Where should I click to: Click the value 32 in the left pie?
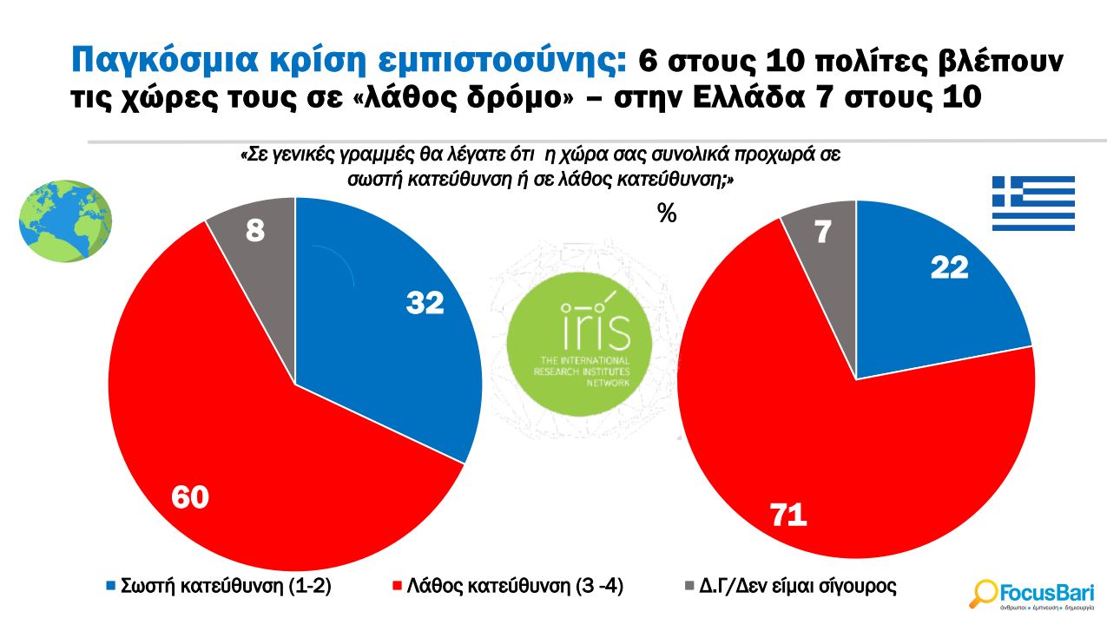click(425, 303)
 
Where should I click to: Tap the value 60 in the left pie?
click(190, 498)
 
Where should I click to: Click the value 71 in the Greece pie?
click(789, 516)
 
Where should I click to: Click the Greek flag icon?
click(1033, 203)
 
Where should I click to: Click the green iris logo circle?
click(579, 340)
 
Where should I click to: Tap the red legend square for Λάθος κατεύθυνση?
click(399, 587)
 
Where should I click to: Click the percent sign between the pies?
click(667, 214)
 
